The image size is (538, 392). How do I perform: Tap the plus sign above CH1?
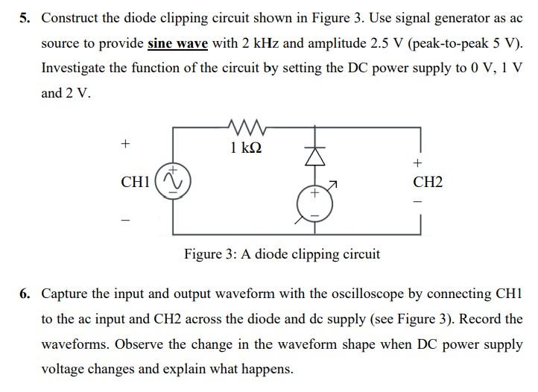click(126, 142)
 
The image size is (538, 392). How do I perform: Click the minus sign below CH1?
click(126, 220)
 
